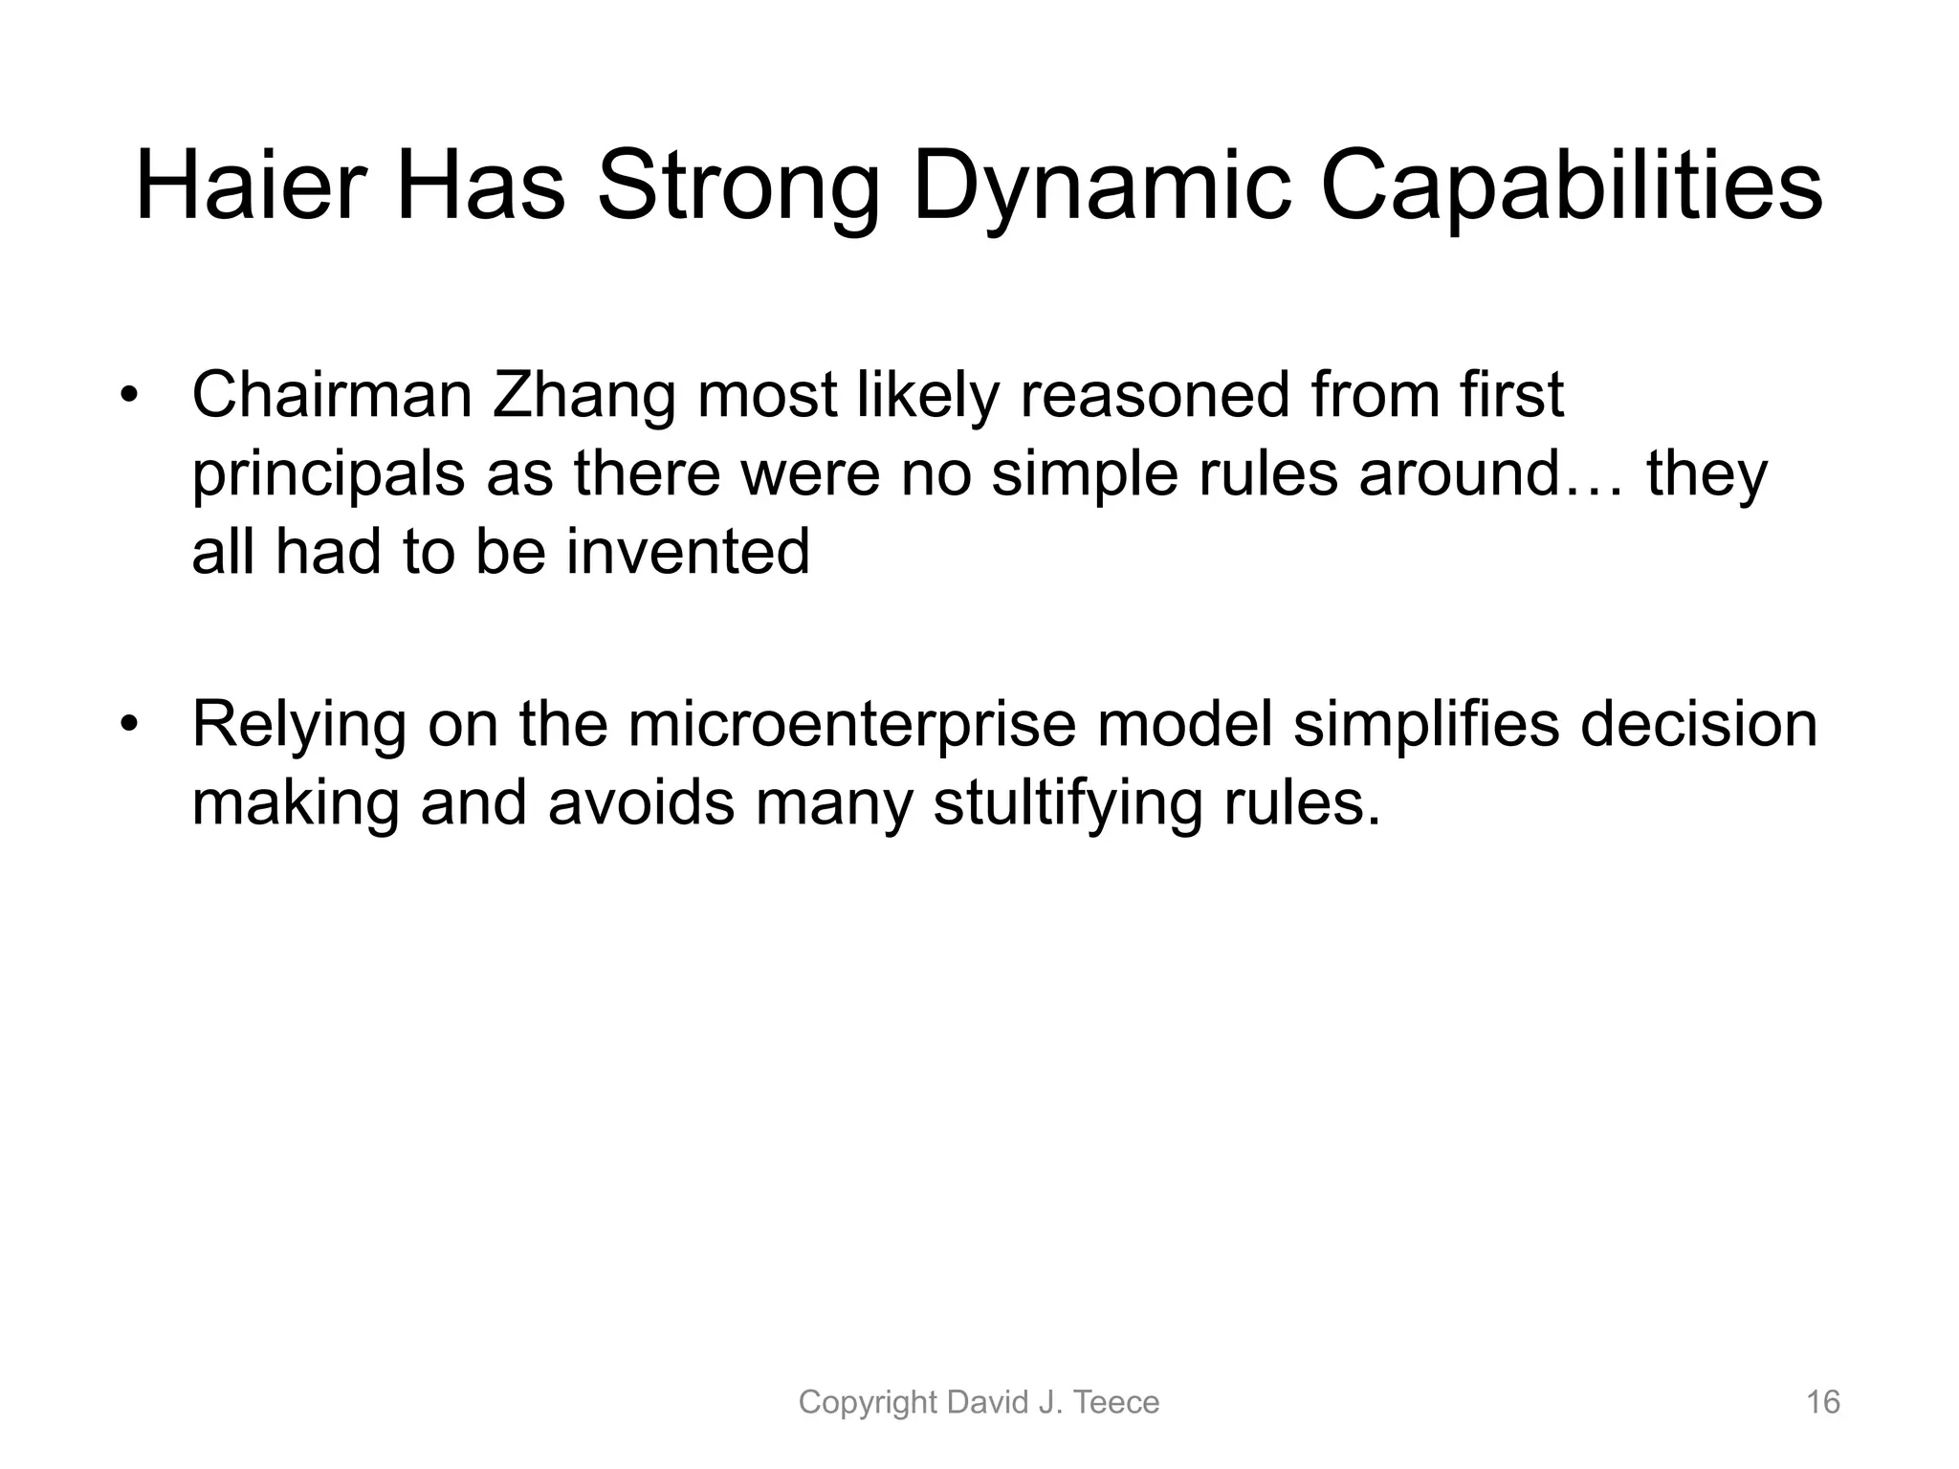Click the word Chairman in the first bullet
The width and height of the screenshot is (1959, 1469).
(332, 396)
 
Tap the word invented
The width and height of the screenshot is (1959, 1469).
(688, 553)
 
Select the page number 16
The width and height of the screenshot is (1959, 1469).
(1822, 1402)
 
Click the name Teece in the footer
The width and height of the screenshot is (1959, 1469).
(1116, 1402)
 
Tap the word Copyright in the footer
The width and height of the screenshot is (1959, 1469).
(868, 1402)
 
